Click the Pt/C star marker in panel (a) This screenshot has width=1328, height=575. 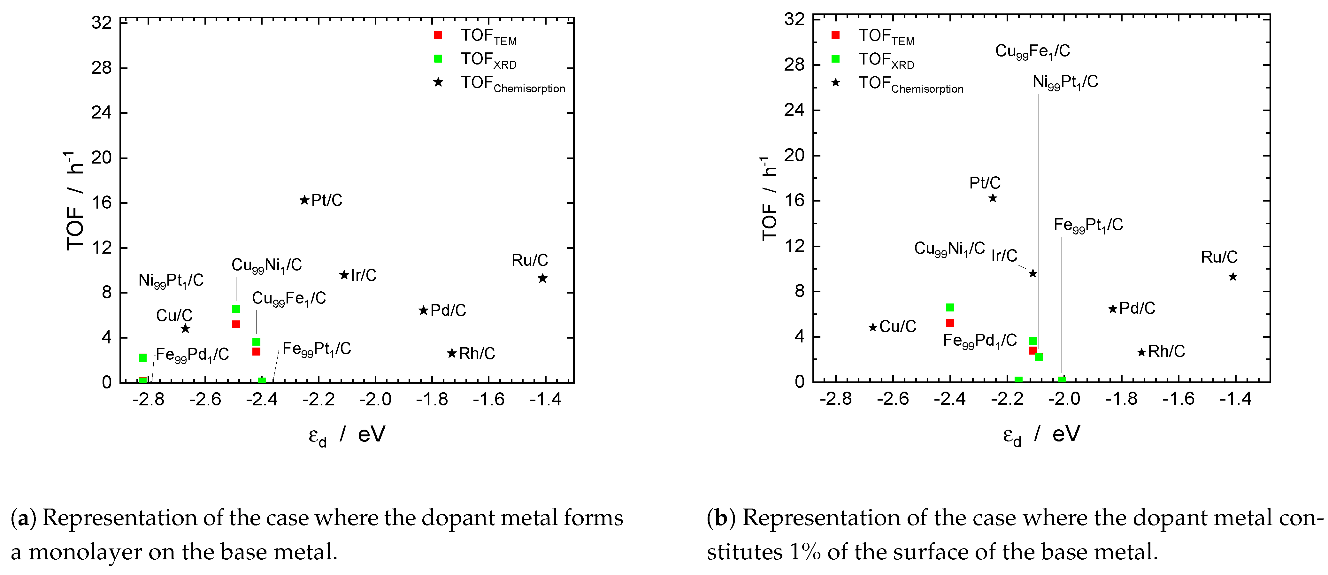304,200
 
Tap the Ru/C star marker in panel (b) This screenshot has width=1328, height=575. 1232,277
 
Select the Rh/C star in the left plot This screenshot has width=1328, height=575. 452,353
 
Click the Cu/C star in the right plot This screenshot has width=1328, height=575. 873,327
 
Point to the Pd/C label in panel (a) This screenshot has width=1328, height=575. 448,310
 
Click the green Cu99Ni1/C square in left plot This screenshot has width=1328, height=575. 236,309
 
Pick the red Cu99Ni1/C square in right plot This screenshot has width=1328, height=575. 950,323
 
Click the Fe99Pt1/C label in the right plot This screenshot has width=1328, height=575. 1088,225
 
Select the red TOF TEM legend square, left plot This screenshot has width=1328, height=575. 438,35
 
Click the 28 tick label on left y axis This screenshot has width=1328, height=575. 102,67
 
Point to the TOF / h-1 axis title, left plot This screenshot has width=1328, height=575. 75,201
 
